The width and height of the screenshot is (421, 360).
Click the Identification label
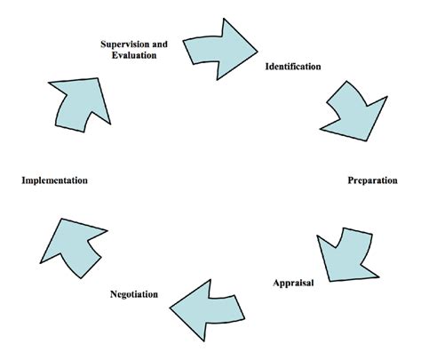coord(293,66)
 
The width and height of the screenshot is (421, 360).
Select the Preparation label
coord(372,180)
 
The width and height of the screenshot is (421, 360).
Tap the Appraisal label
coord(293,283)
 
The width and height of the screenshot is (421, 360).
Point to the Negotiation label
coord(134,294)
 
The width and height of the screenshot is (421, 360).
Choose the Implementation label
coord(55,180)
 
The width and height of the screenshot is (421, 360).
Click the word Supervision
coord(125,44)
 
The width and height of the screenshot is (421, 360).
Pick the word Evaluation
coord(134,55)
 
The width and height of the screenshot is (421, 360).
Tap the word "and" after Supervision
coord(160,44)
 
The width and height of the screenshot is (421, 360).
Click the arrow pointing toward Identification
coord(219,50)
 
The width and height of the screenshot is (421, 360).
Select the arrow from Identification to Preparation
coord(354,111)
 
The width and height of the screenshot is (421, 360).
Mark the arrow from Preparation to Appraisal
coord(347,255)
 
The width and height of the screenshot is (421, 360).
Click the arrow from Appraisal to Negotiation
coord(207,309)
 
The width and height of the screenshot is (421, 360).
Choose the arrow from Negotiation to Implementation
coord(74,248)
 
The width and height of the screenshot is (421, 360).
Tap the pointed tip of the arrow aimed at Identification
coord(258,52)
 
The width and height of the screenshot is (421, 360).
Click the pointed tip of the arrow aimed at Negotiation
coord(170,308)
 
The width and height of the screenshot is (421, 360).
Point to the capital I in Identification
coord(267,66)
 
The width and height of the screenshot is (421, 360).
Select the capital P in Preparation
coord(351,180)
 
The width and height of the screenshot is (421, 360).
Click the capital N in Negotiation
coord(114,294)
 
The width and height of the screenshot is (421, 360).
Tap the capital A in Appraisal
coord(276,283)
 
